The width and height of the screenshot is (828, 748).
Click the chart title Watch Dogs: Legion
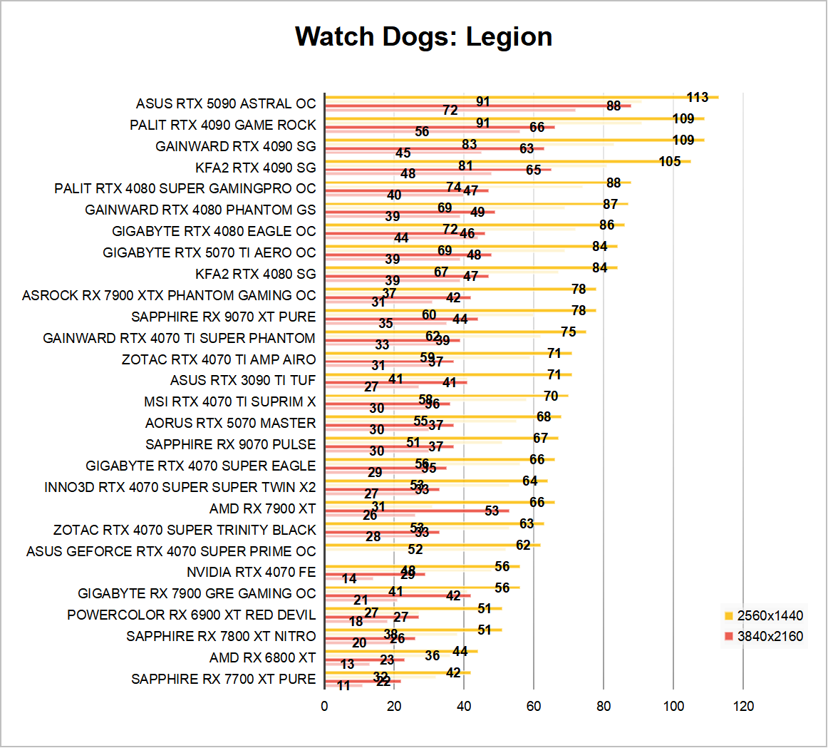click(423, 36)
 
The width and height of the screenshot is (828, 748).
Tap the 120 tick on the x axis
click(743, 706)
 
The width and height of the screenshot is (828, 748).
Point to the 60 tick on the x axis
click(534, 706)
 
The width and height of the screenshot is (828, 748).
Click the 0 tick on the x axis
click(325, 706)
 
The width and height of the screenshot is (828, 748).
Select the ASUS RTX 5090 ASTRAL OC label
click(225, 104)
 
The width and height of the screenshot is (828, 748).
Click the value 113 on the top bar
click(698, 98)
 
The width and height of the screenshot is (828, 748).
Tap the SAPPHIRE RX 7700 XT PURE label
click(223, 680)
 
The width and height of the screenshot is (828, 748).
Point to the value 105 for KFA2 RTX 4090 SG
click(670, 162)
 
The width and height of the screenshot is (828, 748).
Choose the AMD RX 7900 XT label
click(262, 508)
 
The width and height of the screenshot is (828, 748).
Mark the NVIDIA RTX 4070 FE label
click(251, 573)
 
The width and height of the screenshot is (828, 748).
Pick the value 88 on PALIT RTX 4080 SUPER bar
click(614, 183)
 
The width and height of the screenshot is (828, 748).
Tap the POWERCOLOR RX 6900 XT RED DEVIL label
click(191, 615)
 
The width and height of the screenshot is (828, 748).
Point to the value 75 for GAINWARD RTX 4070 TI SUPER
click(568, 332)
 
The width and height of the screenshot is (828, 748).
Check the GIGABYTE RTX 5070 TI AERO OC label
click(209, 253)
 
